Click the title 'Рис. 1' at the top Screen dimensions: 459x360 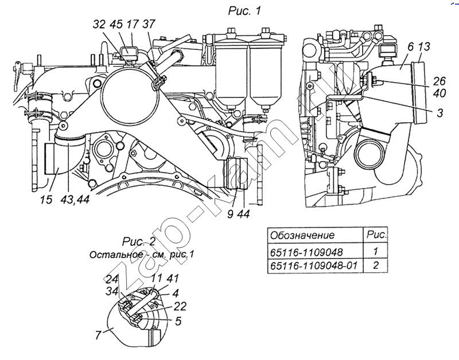click(x=244, y=11)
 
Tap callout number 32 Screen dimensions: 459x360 click(x=99, y=24)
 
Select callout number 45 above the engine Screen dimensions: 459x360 click(x=116, y=24)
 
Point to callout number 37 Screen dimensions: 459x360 click(x=149, y=24)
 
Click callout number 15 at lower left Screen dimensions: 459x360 click(x=46, y=199)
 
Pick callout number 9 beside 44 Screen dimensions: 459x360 click(x=230, y=214)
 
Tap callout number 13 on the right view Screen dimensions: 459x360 click(x=424, y=46)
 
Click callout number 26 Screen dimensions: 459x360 click(x=439, y=81)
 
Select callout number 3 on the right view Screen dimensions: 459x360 click(x=440, y=113)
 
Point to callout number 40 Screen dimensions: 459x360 click(x=439, y=93)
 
